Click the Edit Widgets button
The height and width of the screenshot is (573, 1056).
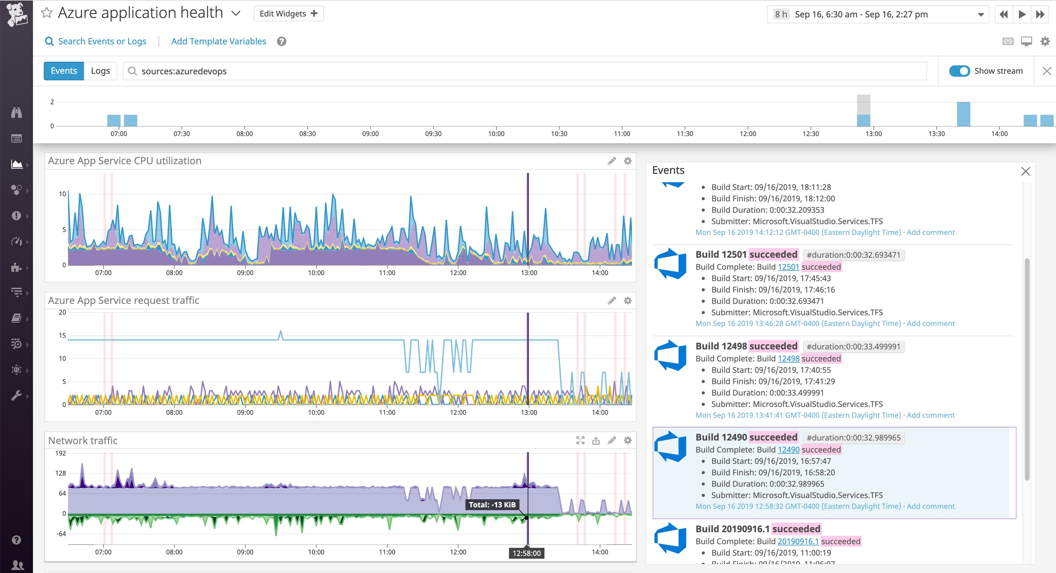coord(289,13)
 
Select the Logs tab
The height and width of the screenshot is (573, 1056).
coord(100,71)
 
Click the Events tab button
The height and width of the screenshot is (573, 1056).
coord(64,71)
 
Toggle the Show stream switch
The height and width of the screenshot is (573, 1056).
coord(959,71)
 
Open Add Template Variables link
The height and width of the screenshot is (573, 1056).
coord(218,41)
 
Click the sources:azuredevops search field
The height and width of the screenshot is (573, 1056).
coord(525,71)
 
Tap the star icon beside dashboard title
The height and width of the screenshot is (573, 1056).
coord(47,13)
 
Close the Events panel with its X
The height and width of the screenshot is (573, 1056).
coord(1025,171)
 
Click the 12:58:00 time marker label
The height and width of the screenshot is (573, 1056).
coord(527,553)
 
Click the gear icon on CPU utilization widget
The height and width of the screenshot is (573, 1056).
coord(627,161)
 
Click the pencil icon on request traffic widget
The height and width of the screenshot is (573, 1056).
coord(612,301)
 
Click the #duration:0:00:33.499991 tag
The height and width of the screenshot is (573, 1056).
coord(853,347)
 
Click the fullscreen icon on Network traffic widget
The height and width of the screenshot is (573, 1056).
coord(580,441)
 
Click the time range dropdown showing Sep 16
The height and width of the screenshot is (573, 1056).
coord(877,14)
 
